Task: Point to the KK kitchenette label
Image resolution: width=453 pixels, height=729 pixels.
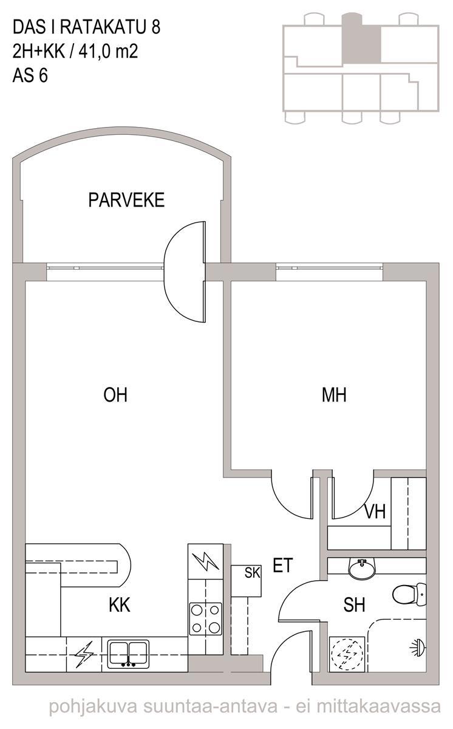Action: [x=120, y=605]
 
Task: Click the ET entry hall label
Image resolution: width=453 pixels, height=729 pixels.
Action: [x=283, y=565]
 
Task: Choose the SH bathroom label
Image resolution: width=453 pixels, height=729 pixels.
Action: [x=354, y=604]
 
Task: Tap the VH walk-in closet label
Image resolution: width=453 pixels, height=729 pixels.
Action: [x=375, y=512]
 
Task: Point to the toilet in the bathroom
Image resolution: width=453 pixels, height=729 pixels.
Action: [x=409, y=595]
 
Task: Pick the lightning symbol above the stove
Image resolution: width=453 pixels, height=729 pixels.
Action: [x=205, y=561]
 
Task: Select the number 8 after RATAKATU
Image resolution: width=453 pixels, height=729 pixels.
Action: [x=156, y=27]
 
